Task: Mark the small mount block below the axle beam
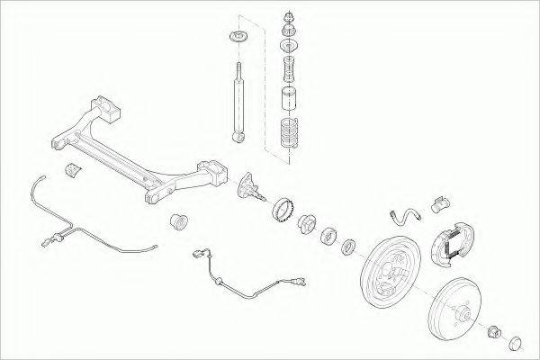coord(71,169)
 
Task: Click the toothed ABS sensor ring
coord(283,210)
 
